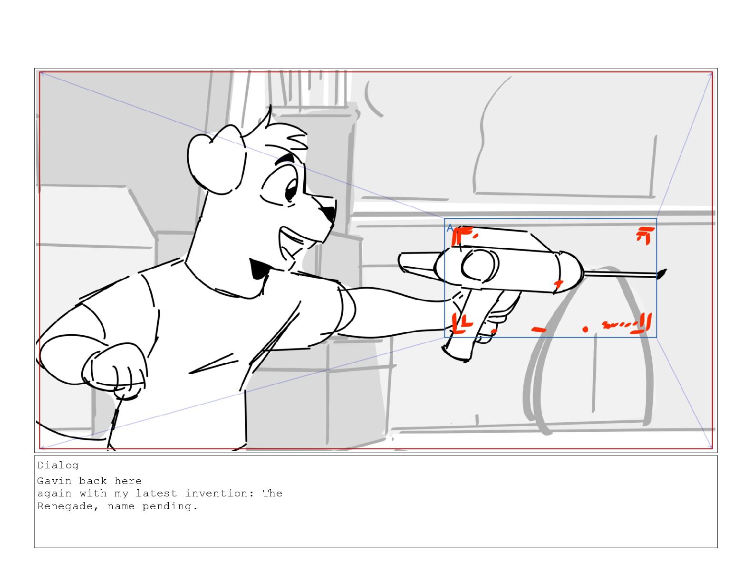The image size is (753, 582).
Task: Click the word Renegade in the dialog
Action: click(x=65, y=506)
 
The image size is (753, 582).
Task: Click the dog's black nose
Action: click(x=328, y=213)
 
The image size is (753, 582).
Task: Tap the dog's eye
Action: click(x=290, y=190)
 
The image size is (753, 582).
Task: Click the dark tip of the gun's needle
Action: click(x=661, y=274)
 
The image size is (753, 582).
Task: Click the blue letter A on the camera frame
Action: click(x=450, y=228)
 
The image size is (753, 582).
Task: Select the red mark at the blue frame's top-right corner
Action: click(x=645, y=235)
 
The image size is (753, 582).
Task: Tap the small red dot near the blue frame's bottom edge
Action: click(x=585, y=329)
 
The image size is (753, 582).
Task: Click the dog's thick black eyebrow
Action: click(x=285, y=159)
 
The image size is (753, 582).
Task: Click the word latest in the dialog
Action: click(x=156, y=493)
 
